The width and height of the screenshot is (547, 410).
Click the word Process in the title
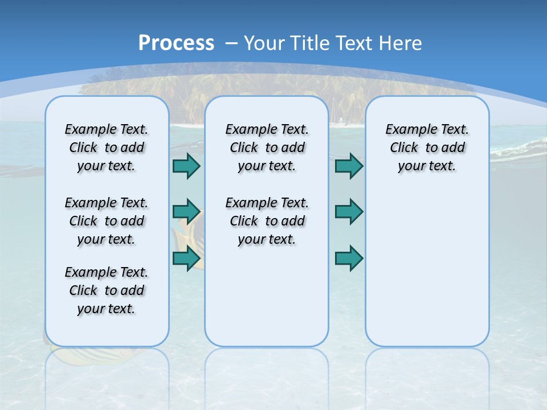pos(176,43)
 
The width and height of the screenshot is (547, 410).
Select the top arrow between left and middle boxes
pos(186,166)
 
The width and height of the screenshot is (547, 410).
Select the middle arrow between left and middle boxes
pos(186,212)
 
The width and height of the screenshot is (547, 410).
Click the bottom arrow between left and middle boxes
pos(186,258)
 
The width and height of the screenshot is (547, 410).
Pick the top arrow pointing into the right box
pos(349,166)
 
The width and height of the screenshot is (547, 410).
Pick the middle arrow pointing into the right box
pos(349,212)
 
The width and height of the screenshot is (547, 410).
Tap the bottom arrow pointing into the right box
pos(349,258)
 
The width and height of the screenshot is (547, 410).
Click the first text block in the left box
pos(107,147)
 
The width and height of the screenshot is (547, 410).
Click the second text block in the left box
pos(107,221)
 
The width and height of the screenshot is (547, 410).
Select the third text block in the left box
pos(107,290)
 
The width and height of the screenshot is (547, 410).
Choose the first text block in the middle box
pos(267,147)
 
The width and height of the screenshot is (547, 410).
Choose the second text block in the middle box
pos(267,221)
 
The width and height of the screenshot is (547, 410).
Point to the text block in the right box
pos(427,147)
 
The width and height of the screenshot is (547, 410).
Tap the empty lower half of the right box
pos(427,273)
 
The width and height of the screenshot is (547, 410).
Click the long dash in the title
pos(231,43)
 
